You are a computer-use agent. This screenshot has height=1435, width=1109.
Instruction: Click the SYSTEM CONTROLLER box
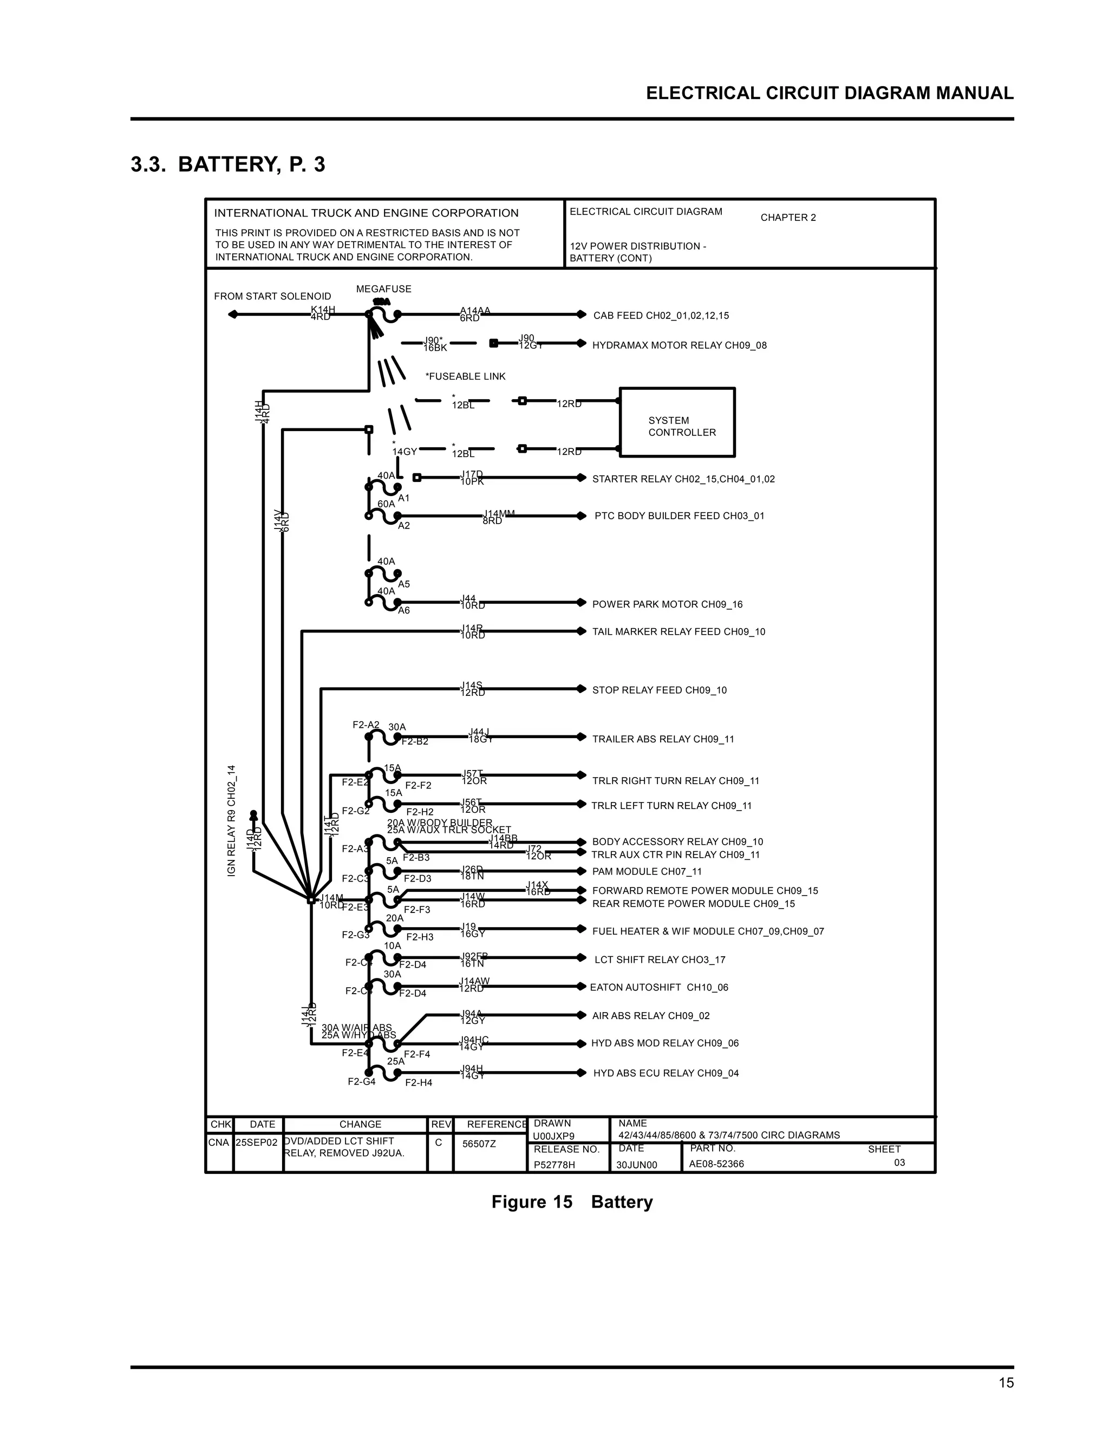point(677,422)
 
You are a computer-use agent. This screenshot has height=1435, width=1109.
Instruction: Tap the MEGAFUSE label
point(384,289)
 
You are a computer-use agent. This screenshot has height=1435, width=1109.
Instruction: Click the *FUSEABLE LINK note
point(465,376)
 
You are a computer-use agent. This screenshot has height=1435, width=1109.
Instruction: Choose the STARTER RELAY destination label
point(683,479)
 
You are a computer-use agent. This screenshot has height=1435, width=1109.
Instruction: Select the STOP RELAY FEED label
point(660,690)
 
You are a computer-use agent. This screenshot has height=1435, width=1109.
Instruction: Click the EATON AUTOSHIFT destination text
point(659,988)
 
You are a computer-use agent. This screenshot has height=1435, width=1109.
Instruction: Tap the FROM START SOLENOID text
point(273,296)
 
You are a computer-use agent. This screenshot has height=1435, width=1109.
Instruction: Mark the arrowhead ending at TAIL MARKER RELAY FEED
point(581,631)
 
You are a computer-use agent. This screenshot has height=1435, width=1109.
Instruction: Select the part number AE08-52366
point(716,1164)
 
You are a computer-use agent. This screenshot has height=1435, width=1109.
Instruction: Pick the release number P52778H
point(554,1164)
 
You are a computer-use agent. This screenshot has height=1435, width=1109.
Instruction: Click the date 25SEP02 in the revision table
point(257,1143)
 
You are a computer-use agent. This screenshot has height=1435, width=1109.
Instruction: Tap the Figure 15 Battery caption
point(572,1202)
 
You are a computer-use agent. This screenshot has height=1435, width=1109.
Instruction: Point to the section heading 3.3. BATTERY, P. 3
point(228,164)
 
